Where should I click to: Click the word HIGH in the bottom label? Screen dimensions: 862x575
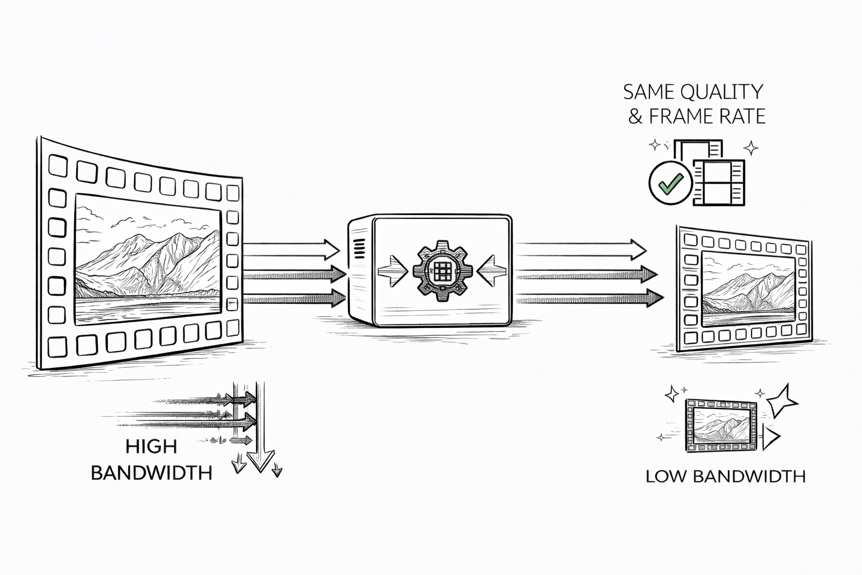coord(151,447)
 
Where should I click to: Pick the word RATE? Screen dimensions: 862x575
coord(741,116)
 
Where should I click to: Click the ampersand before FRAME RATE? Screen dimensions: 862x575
coord(635,117)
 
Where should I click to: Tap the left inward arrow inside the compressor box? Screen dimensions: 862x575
coord(392,270)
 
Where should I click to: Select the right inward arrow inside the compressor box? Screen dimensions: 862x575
coord(492,271)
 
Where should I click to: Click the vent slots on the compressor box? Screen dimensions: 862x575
coord(359,249)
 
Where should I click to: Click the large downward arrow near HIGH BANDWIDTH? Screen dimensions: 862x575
coord(260,427)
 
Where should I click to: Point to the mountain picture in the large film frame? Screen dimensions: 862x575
coord(148,260)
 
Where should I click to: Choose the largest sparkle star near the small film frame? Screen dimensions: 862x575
coord(781,400)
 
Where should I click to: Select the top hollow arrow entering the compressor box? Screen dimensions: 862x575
coord(291,249)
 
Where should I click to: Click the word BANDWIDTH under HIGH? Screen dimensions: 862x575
coord(152,473)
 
